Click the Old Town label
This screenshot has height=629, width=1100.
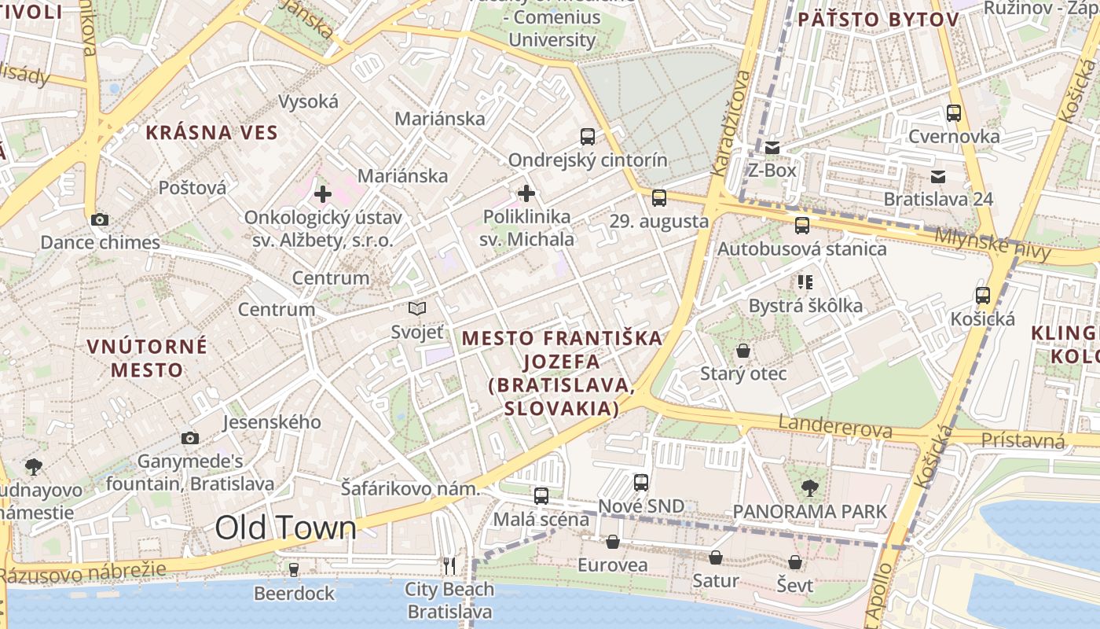285,528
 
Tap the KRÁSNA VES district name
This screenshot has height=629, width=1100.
212,132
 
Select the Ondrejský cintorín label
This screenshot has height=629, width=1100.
588,160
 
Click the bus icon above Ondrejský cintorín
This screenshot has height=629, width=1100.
588,137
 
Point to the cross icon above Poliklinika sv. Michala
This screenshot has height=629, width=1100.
526,193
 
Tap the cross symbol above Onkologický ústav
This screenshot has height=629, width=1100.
322,193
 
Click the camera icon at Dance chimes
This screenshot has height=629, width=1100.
100,219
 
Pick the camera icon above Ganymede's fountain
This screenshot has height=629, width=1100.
189,438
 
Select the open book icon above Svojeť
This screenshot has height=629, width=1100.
417,309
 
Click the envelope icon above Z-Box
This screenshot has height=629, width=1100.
772,147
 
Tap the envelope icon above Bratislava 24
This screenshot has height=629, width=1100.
938,176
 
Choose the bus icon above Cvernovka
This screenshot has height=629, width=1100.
954,113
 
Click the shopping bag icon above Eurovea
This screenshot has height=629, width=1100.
612,542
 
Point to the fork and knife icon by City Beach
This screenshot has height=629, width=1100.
449,565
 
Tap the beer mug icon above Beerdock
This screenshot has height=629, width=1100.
294,569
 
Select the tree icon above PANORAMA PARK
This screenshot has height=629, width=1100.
809,488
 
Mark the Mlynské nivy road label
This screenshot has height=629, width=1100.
993,244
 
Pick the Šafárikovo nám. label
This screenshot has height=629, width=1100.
410,488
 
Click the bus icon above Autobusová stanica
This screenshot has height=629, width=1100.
802,226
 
